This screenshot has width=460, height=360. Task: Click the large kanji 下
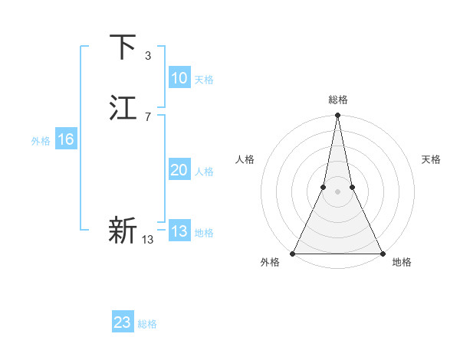click(x=123, y=47)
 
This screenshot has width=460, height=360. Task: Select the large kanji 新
click(x=123, y=230)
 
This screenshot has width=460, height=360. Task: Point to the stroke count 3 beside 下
click(x=148, y=55)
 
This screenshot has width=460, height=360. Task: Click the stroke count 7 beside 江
click(x=148, y=116)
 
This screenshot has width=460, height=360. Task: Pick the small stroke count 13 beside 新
click(x=148, y=240)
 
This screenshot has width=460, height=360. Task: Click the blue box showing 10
click(x=179, y=78)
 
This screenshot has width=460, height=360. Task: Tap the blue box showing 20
click(x=179, y=170)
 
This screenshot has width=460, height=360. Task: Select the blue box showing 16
click(x=66, y=139)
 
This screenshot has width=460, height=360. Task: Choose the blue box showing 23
click(x=123, y=322)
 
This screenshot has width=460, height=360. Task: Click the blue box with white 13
click(x=179, y=231)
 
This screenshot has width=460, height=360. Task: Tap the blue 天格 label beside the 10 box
click(x=204, y=80)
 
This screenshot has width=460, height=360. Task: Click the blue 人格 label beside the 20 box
click(x=204, y=172)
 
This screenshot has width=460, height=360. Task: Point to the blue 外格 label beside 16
click(x=41, y=141)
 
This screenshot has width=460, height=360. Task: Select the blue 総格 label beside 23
click(x=147, y=324)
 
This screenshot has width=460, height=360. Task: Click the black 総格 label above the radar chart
click(x=338, y=100)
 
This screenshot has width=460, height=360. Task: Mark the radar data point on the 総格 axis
click(x=338, y=116)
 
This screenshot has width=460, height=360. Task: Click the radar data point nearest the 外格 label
click(x=294, y=253)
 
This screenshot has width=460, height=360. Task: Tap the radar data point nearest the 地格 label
click(x=382, y=253)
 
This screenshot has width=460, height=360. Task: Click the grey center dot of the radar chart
click(x=338, y=191)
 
